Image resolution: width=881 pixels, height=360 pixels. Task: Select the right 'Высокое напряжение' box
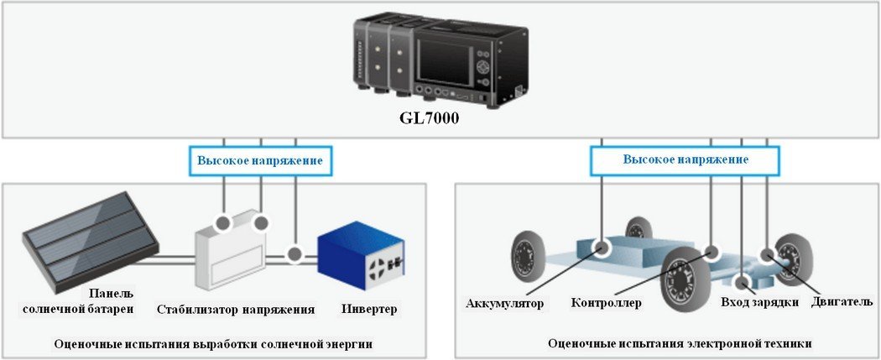pos(686,159)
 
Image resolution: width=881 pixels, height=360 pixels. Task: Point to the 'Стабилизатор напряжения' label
pos(236,309)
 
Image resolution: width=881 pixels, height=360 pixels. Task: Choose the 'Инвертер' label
pos(368,309)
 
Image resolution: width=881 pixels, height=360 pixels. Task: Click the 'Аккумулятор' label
pos(505,302)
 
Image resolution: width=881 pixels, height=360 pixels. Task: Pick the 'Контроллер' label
pos(606,302)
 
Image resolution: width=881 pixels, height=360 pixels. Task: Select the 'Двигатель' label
pos(842,300)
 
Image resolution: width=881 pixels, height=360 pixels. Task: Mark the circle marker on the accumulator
pos(602,248)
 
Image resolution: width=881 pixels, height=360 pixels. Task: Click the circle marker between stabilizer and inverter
pos(295,253)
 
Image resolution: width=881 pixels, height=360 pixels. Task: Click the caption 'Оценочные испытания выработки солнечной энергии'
pos(212,343)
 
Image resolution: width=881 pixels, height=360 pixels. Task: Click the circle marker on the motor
pos(767,253)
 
